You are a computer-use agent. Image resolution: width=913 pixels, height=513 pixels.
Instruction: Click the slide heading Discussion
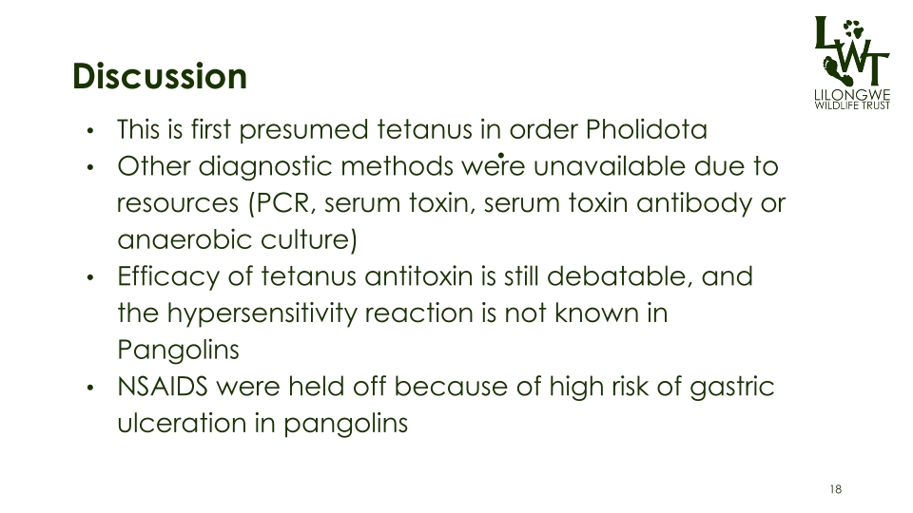point(160,76)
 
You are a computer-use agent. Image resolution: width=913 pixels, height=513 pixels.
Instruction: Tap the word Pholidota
point(647,129)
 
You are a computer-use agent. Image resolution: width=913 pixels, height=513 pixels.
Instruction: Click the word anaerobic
point(185,239)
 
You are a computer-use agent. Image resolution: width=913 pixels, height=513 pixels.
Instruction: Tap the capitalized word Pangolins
point(178,351)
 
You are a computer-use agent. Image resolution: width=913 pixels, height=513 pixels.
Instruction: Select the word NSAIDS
point(163,387)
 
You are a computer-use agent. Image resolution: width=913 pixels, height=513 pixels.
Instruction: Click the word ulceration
point(181,423)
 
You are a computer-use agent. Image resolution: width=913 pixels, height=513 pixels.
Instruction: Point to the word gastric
point(732,388)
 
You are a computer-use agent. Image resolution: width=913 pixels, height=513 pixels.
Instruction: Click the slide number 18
point(836,489)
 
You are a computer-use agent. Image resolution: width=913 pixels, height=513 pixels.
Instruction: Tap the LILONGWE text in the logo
point(852,95)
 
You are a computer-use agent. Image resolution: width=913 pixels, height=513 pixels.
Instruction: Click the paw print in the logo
point(854,29)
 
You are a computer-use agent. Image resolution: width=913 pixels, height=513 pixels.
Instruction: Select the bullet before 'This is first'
point(89,130)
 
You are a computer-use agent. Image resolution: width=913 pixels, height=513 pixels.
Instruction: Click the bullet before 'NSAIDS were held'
point(89,388)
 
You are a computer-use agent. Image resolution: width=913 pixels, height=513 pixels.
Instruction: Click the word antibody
point(694,204)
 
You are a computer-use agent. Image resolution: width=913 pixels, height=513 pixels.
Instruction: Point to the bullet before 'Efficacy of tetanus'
point(89,277)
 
